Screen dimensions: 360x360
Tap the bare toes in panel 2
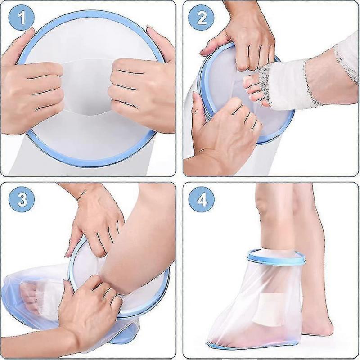[x=252, y=88]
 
